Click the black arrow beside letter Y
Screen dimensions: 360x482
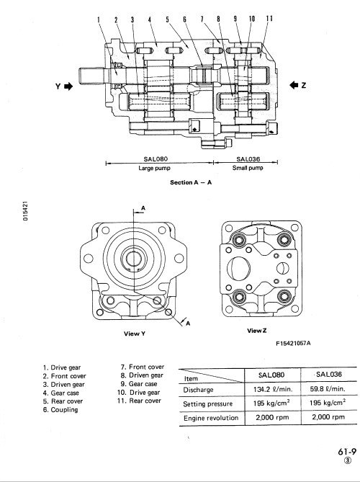click(x=68, y=86)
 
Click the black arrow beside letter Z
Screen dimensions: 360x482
click(x=294, y=85)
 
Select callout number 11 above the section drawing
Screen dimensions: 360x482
click(x=269, y=19)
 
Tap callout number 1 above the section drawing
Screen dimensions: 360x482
click(x=99, y=19)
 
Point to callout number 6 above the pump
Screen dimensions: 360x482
click(x=184, y=19)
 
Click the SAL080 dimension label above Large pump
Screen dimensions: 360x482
click(x=156, y=159)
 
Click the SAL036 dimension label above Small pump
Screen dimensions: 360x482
click(x=248, y=159)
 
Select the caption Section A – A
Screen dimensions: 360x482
click(x=191, y=182)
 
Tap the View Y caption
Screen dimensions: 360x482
click(x=135, y=334)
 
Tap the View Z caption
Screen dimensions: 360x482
click(x=257, y=331)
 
